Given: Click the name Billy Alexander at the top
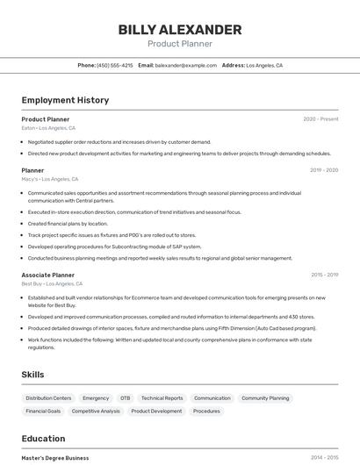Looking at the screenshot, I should click(x=180, y=30).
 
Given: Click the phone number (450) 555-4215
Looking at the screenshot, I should click(x=115, y=66).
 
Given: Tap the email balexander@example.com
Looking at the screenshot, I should click(x=186, y=66).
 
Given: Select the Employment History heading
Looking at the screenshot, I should click(x=65, y=100).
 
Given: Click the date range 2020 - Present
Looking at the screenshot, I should click(x=320, y=119).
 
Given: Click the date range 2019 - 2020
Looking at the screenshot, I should click(x=324, y=170).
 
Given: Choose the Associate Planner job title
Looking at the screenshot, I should click(x=48, y=275).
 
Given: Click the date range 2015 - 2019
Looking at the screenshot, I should click(x=324, y=275).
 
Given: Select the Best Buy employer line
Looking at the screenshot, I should click(x=52, y=283).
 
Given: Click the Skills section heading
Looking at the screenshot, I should click(x=33, y=375).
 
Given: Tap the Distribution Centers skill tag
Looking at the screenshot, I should click(x=48, y=398).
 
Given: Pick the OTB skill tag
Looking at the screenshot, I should click(x=125, y=398).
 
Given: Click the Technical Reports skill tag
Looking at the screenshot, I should click(x=162, y=398).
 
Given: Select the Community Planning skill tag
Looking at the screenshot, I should click(x=265, y=398).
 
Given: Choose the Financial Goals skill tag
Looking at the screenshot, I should click(x=43, y=411).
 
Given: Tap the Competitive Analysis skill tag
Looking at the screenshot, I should click(x=96, y=411).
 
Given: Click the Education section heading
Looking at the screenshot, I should click(x=43, y=439).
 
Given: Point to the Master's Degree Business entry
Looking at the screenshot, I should click(x=55, y=458).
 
